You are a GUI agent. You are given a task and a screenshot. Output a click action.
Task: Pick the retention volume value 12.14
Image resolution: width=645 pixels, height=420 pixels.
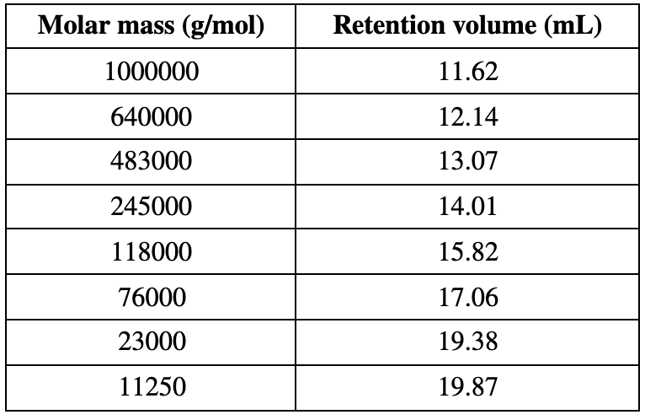pos(469,116)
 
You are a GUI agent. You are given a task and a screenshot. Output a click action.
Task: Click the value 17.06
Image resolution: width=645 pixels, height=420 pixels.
pos(469,297)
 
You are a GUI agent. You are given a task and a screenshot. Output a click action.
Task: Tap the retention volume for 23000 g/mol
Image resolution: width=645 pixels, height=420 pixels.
pos(469,342)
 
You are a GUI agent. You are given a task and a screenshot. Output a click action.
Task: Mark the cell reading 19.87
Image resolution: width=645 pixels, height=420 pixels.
pos(469,387)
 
